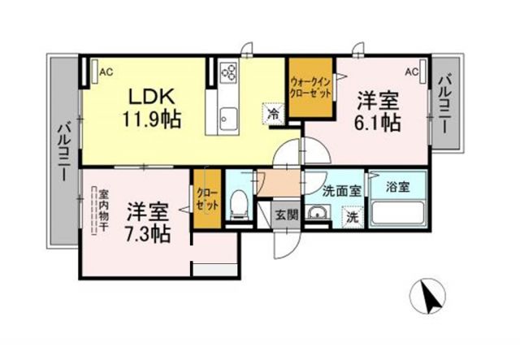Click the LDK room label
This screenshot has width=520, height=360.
(149, 95)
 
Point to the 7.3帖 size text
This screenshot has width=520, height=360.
(148, 233)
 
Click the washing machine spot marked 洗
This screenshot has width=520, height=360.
(351, 217)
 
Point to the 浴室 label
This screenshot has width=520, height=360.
(398, 186)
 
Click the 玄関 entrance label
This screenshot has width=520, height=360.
(284, 215)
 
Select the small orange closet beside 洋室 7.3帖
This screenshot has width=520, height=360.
(206, 198)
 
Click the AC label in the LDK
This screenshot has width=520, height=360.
(106, 72)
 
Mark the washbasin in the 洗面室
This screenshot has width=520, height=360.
(318, 215)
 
